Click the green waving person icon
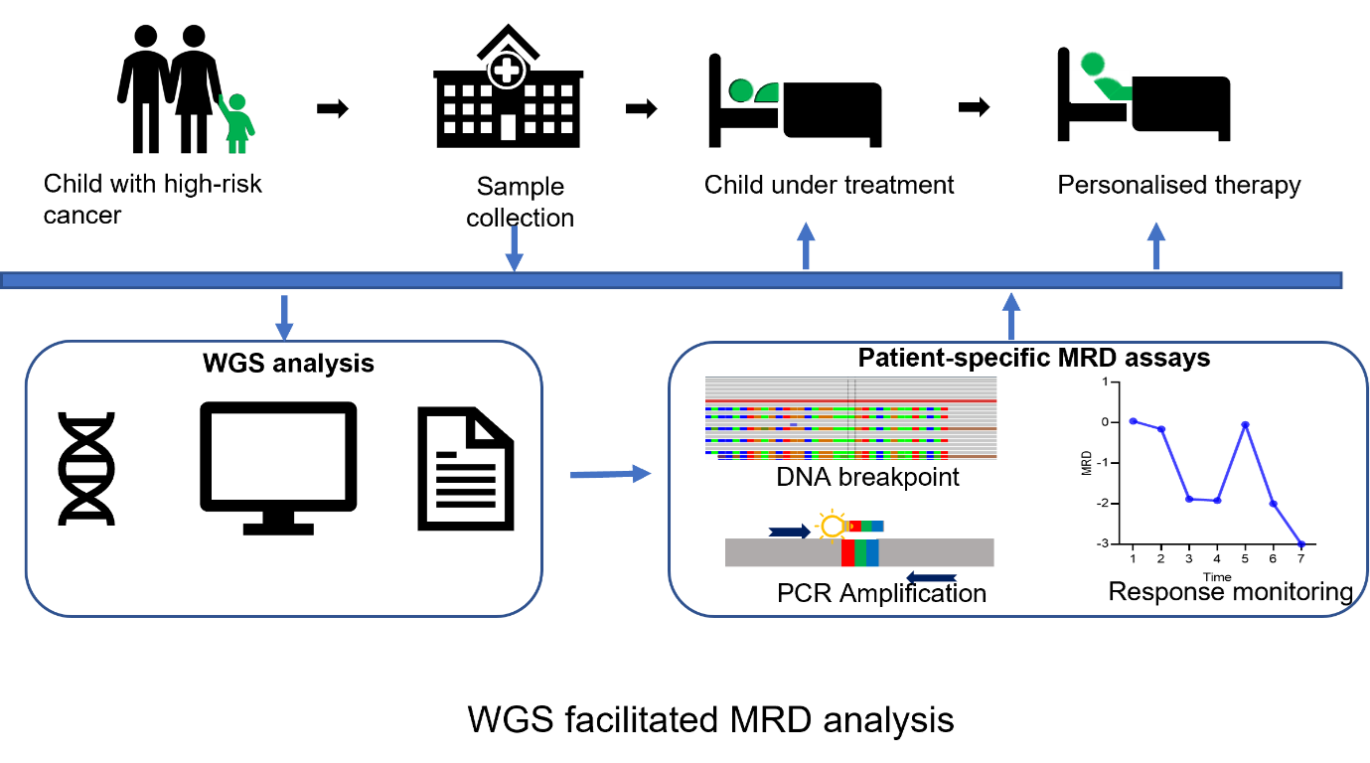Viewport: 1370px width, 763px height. tap(236, 124)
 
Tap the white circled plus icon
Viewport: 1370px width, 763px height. tap(507, 71)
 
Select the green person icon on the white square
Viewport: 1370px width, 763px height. tap(1101, 77)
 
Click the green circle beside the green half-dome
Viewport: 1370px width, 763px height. tap(742, 90)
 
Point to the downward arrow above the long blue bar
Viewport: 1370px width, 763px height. tap(514, 248)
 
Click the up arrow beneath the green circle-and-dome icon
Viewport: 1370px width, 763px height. tap(806, 245)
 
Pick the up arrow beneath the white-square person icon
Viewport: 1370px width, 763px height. tap(1156, 245)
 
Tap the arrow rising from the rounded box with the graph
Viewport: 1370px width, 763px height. tap(1011, 316)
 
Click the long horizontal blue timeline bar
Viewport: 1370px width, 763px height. tap(672, 280)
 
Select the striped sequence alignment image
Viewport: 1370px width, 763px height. tap(851, 418)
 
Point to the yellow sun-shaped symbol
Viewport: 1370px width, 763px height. tap(833, 526)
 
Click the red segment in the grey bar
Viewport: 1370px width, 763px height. tap(847, 553)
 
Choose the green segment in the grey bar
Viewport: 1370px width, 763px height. tap(860, 553)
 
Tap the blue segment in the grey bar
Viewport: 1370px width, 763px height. tap(872, 553)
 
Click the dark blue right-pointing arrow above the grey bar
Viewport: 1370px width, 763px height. tap(791, 532)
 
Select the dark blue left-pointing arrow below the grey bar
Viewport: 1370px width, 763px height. tap(932, 577)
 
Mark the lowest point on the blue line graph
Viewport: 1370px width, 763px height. tap(1301, 543)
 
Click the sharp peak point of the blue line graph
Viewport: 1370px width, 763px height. tap(1246, 424)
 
